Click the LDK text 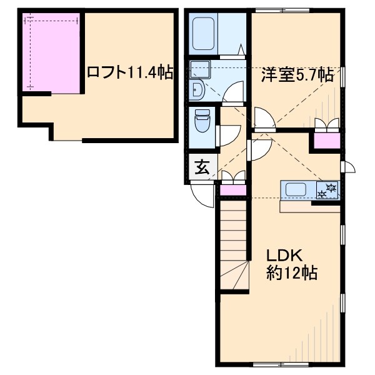click(x=285, y=256)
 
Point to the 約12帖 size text click(x=291, y=273)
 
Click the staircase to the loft click(x=234, y=250)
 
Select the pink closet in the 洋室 click(x=327, y=141)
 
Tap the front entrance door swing click(x=204, y=196)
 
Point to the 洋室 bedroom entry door click(x=262, y=119)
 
